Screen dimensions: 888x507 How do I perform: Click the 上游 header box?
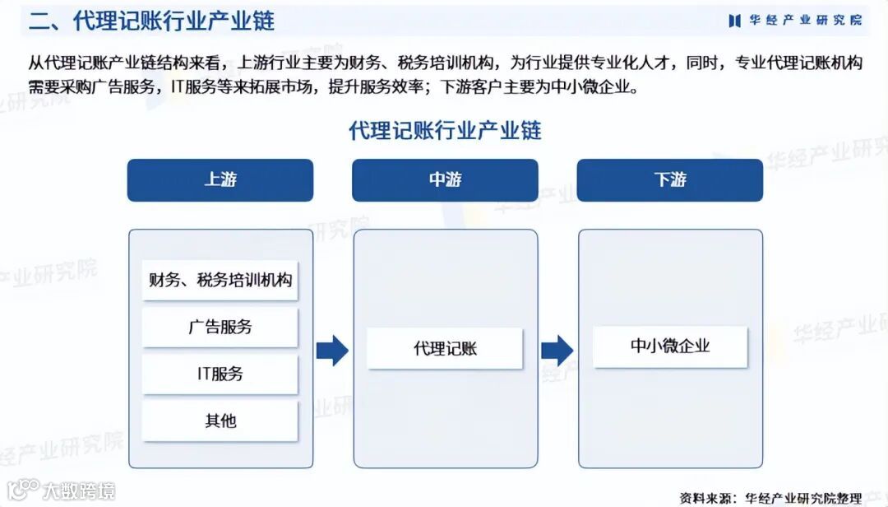[220, 180]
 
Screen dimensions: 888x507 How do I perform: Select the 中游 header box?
[445, 180]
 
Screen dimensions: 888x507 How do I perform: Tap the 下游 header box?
[669, 180]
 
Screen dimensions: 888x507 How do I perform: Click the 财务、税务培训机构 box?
[220, 280]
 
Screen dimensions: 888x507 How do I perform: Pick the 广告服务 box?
[220, 327]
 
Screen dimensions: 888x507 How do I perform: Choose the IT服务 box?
[220, 374]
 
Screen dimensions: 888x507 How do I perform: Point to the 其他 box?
[220, 421]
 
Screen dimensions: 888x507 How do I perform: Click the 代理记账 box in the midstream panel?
[445, 348]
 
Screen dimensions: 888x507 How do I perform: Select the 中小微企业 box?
[669, 347]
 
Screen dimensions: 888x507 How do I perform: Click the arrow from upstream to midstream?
[332, 351]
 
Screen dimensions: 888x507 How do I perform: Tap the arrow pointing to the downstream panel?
[557, 351]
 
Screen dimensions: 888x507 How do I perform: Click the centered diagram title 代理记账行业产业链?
[445, 130]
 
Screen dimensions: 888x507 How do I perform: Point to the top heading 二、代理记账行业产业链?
[151, 21]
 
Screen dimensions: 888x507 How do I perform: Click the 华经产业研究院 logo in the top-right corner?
[794, 21]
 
